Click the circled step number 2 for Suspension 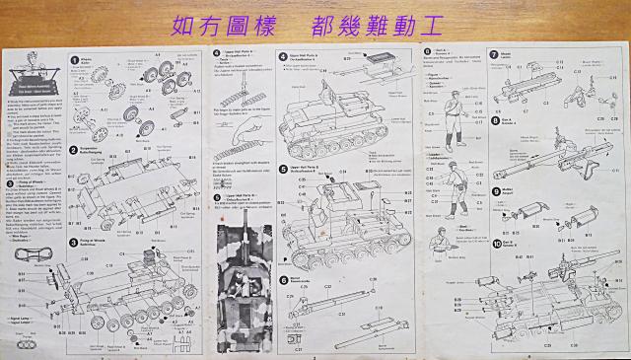click(x=75, y=151)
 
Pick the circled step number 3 click(x=75, y=242)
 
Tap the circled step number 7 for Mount click(x=493, y=54)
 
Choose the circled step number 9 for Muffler click(x=493, y=191)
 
